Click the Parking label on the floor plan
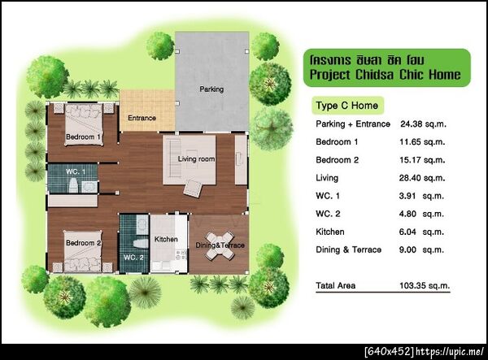[x=211, y=89]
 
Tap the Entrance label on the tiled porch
[x=142, y=118]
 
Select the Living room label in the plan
[x=196, y=158]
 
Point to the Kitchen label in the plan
[x=166, y=239]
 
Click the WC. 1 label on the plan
[x=76, y=171]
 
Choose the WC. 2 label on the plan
[x=133, y=258]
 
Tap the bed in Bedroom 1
[x=84, y=124]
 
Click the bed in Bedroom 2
[x=83, y=251]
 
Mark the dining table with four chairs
[x=220, y=245]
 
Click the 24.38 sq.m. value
[x=423, y=124]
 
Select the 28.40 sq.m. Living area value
[x=422, y=178]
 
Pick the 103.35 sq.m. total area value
[x=425, y=285]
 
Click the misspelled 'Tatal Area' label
[x=335, y=285]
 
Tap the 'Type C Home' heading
[x=347, y=106]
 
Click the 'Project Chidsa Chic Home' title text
[x=386, y=75]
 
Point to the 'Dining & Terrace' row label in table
[x=349, y=249]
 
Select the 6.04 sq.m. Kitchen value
[x=421, y=232]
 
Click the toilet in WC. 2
[x=141, y=243]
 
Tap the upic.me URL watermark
[x=450, y=352]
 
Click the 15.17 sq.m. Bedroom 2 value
[x=422, y=160]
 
